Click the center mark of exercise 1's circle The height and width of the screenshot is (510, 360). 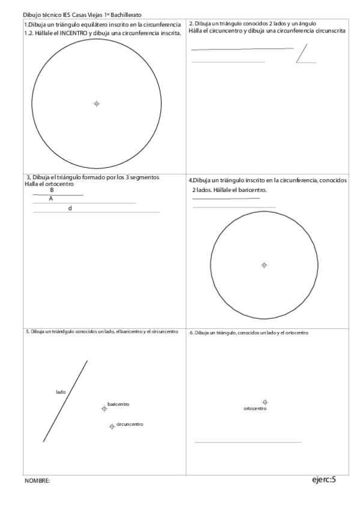click(x=96, y=103)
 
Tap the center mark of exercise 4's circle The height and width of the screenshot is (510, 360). click(x=264, y=265)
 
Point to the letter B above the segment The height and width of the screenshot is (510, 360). click(x=52, y=189)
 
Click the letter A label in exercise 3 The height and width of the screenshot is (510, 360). click(x=50, y=198)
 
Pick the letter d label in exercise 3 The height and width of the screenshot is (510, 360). click(x=70, y=208)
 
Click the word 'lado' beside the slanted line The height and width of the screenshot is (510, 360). click(x=61, y=392)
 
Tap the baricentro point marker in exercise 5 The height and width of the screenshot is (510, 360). click(x=104, y=408)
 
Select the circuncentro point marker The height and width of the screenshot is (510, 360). click(x=112, y=426)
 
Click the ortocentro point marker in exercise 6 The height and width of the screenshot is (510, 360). click(x=265, y=402)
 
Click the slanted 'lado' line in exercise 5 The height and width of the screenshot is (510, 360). click(x=65, y=401)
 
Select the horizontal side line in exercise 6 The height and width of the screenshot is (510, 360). click(x=248, y=443)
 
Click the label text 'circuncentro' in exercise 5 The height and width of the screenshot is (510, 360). click(x=130, y=424)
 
